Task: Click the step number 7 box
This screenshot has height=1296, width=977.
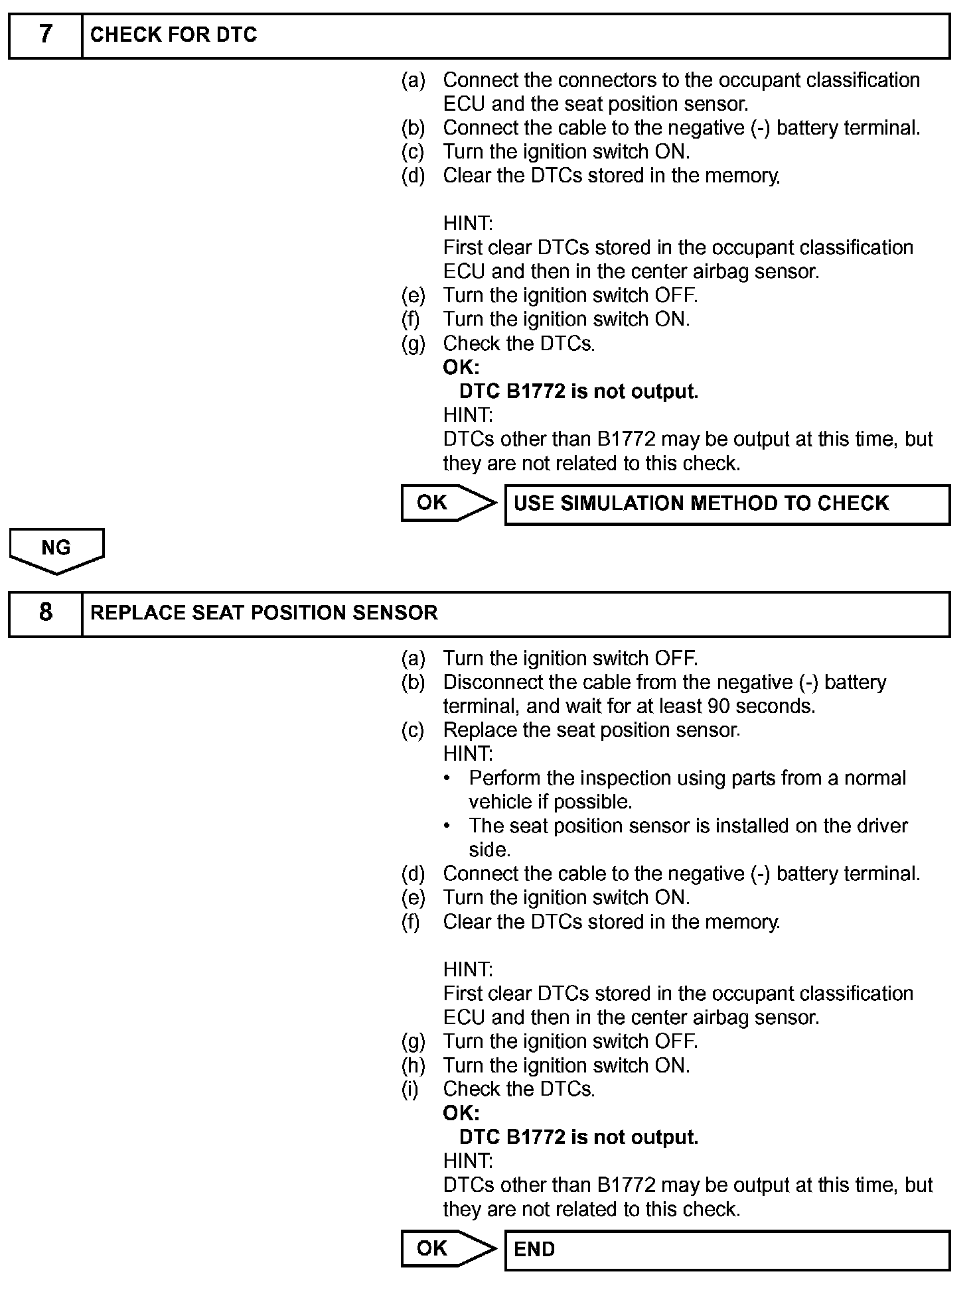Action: pyautogui.click(x=45, y=35)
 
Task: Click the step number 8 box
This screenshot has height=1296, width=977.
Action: pyautogui.click(x=45, y=613)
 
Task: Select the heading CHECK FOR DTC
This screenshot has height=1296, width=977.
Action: pyautogui.click(x=173, y=35)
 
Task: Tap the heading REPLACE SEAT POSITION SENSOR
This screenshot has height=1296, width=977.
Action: pyautogui.click(x=263, y=613)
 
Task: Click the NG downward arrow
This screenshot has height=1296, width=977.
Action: pyautogui.click(x=56, y=550)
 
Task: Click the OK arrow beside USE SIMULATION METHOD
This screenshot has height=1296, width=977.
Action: pyautogui.click(x=448, y=503)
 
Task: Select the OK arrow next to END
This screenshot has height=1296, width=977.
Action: pyautogui.click(x=448, y=1250)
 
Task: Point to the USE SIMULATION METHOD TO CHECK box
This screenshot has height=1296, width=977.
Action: pyautogui.click(x=727, y=504)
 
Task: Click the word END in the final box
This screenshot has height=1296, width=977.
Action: pyautogui.click(x=534, y=1250)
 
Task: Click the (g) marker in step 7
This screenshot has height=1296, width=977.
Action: pyautogui.click(x=413, y=344)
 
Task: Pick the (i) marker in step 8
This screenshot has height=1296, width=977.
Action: pyautogui.click(x=411, y=1089)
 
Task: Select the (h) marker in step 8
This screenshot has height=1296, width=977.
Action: pyautogui.click(x=413, y=1065)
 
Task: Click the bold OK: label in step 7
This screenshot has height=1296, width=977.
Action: pyautogui.click(x=461, y=367)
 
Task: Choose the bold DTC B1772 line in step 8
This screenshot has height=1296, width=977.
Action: pyautogui.click(x=578, y=1137)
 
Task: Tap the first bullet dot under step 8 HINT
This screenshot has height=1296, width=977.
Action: pyautogui.click(x=448, y=778)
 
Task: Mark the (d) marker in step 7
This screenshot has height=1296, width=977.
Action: pyautogui.click(x=413, y=176)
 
